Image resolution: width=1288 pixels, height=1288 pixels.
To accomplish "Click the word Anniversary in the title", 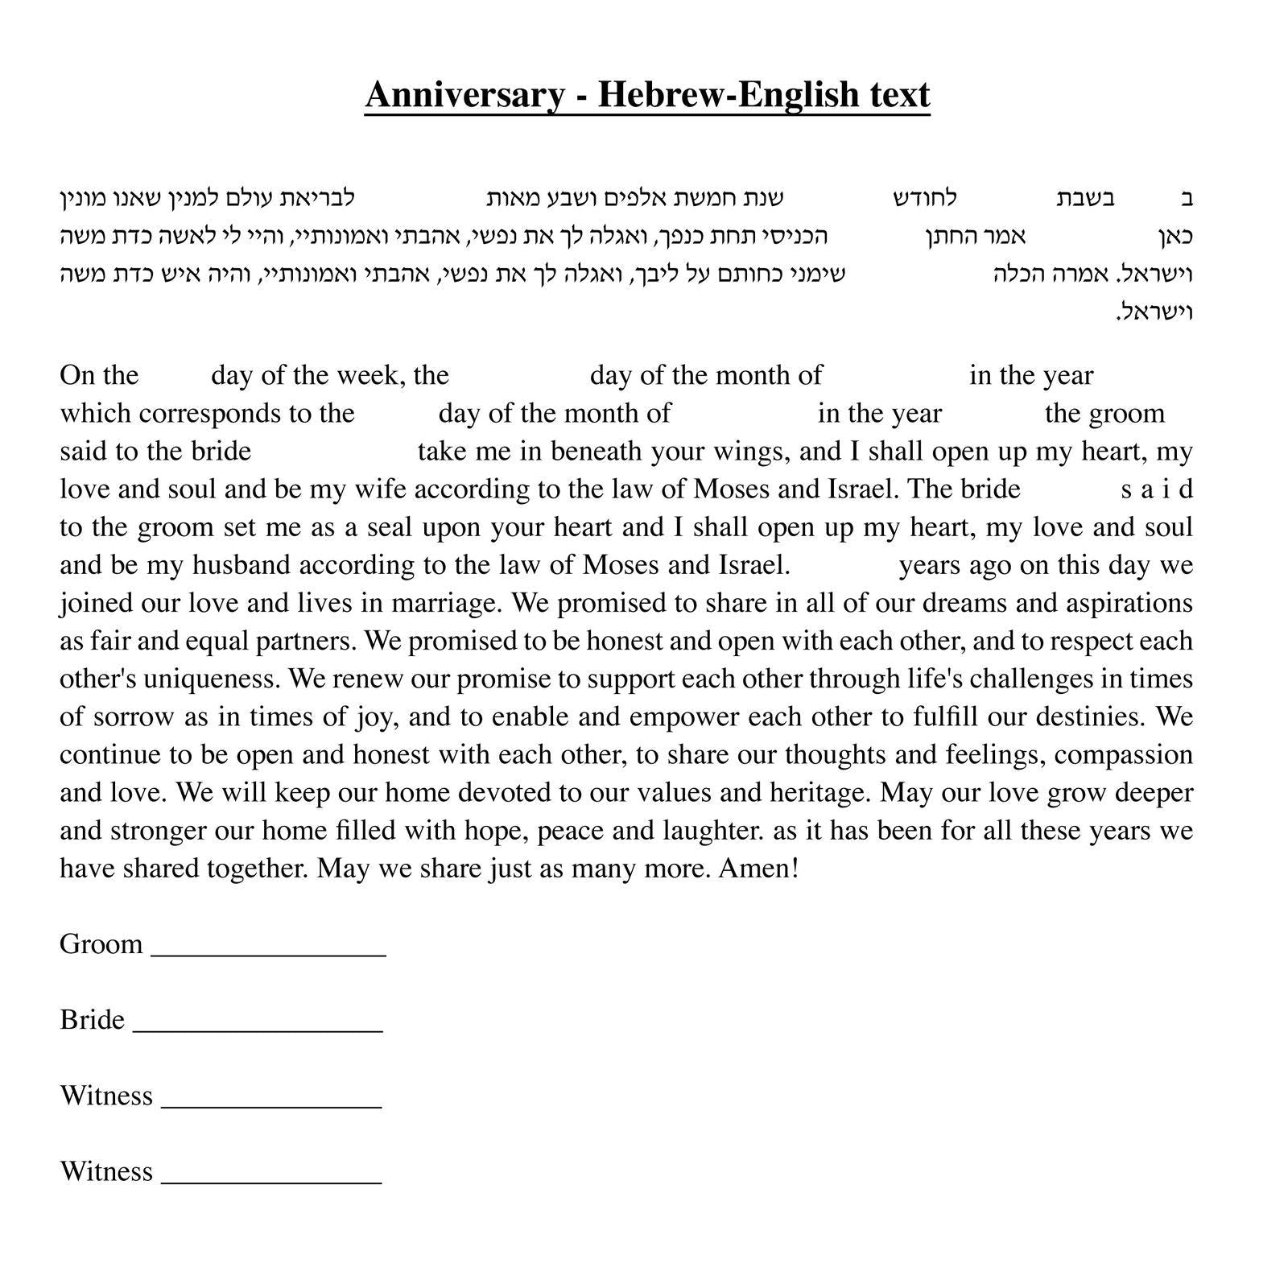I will (x=464, y=95).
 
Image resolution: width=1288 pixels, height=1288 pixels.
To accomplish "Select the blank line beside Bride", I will (x=258, y=1027).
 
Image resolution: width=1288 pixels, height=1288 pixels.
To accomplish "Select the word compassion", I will (x=1124, y=754).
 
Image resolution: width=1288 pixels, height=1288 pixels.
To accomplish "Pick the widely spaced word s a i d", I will (x=1156, y=489).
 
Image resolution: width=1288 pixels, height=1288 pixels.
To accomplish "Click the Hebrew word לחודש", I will (x=925, y=198).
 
